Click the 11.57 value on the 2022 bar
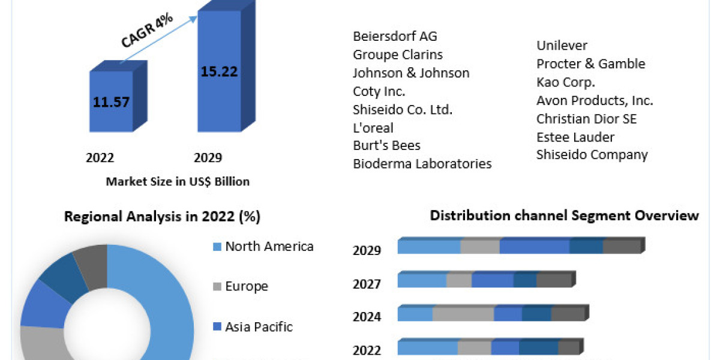(x=111, y=102)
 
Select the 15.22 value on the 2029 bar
(x=220, y=71)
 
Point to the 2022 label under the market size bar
(x=100, y=158)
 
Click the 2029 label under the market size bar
(x=208, y=158)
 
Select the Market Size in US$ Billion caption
(x=178, y=181)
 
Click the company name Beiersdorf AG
(x=395, y=36)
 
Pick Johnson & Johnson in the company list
(x=411, y=73)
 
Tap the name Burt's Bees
(x=386, y=145)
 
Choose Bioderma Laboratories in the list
(x=422, y=163)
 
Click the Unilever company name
(x=562, y=46)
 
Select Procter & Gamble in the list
(x=591, y=64)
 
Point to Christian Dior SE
(x=587, y=118)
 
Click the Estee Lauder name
(x=575, y=136)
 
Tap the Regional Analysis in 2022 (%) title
(x=162, y=217)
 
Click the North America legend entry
(x=269, y=246)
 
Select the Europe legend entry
(x=246, y=286)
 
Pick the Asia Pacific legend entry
(x=259, y=327)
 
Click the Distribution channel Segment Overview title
(x=565, y=215)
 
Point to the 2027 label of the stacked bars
(x=367, y=284)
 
